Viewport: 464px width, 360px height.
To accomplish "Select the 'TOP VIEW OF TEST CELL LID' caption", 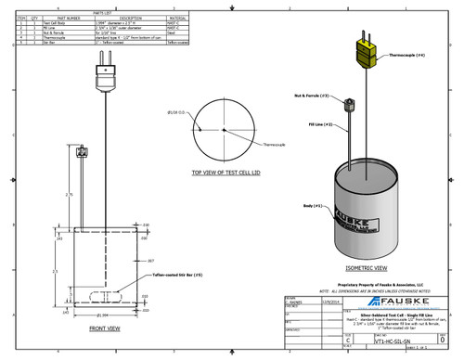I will pyautogui.click(x=229, y=173).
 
